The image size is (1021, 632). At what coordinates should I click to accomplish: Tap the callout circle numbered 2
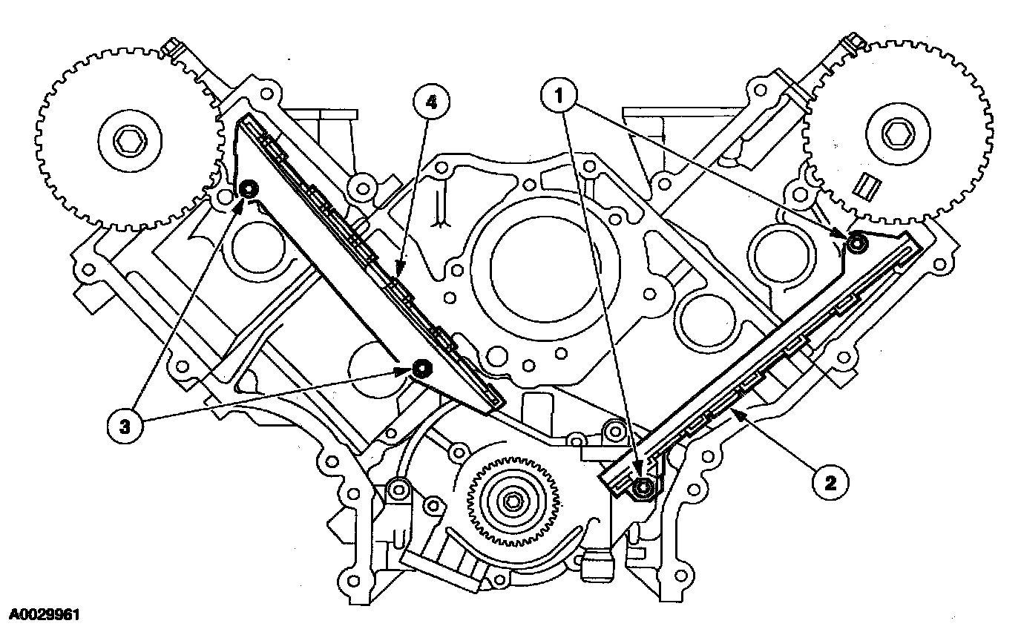click(x=829, y=483)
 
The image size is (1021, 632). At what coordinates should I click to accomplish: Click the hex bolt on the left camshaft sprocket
click(x=122, y=139)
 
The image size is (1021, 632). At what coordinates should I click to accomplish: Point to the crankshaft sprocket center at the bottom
click(x=511, y=501)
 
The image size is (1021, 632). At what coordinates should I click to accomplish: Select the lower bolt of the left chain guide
click(x=422, y=368)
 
